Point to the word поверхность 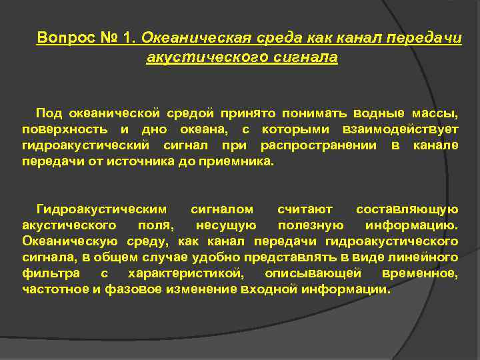59,129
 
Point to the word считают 309,209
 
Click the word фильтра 51,273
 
